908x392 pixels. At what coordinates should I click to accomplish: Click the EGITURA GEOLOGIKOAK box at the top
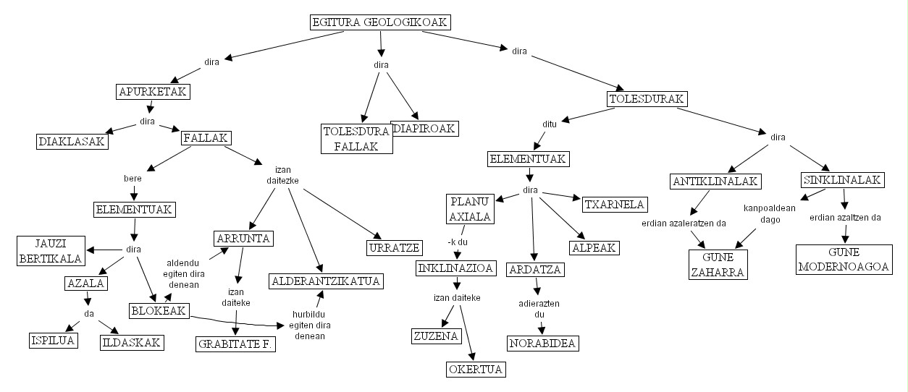379,22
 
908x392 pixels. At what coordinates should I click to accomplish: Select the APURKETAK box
153,92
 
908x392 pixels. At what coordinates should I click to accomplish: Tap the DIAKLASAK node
72,141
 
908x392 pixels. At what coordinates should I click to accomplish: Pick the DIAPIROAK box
425,128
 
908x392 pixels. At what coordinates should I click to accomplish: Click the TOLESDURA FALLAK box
356,138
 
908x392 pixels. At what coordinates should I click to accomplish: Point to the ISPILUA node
53,340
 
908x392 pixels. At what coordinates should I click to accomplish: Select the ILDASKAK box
131,342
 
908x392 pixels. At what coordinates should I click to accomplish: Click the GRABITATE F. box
236,344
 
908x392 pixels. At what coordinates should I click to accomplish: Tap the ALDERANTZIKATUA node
326,281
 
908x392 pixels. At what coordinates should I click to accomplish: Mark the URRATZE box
393,248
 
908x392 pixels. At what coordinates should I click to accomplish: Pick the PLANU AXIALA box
470,208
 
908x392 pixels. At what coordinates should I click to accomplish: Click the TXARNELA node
613,204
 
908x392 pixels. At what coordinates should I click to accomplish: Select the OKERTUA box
474,370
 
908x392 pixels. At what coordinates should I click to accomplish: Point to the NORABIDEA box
543,343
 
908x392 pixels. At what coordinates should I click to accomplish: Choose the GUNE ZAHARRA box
716,264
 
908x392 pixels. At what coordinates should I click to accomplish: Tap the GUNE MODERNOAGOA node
843,259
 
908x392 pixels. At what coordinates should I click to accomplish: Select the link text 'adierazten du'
539,309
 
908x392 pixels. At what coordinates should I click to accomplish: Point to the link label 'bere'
133,177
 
